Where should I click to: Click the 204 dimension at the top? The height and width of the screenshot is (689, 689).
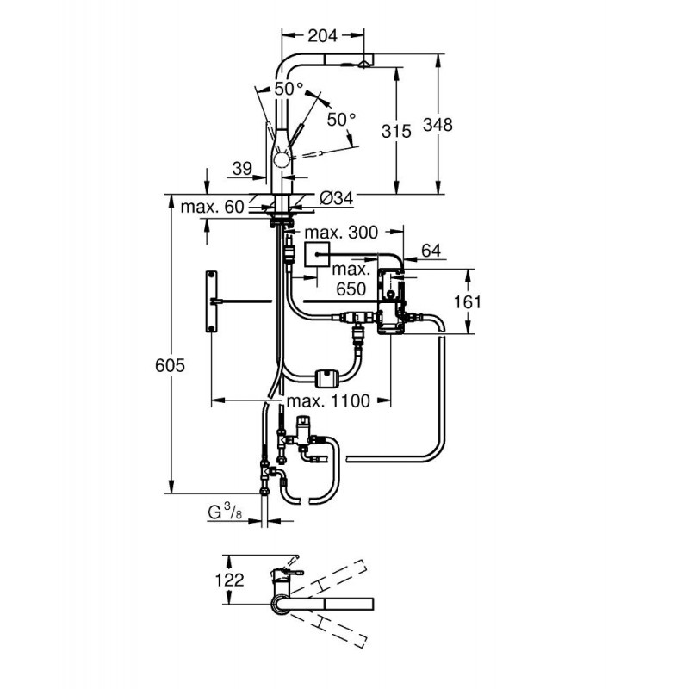[322, 35]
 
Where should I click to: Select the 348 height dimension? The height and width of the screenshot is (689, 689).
[438, 124]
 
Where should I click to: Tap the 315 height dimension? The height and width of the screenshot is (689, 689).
[396, 131]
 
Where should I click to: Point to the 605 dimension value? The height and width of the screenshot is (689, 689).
[170, 365]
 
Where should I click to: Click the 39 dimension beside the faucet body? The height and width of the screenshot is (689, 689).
[242, 168]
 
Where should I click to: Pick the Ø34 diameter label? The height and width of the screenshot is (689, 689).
[336, 198]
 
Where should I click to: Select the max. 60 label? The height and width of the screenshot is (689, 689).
[212, 207]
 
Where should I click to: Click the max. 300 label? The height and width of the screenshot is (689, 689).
[341, 233]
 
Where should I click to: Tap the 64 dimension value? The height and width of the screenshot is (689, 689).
[431, 251]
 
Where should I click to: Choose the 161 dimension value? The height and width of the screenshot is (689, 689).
[468, 302]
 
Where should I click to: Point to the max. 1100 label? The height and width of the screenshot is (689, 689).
[328, 400]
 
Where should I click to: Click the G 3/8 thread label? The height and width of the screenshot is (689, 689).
[225, 512]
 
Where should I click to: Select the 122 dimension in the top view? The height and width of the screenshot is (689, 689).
[229, 580]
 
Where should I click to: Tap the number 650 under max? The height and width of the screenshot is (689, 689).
[351, 289]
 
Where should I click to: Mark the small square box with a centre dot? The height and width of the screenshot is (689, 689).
[316, 254]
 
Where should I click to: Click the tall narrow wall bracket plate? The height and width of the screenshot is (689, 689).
[211, 302]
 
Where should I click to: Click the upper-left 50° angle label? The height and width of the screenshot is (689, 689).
[289, 90]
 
